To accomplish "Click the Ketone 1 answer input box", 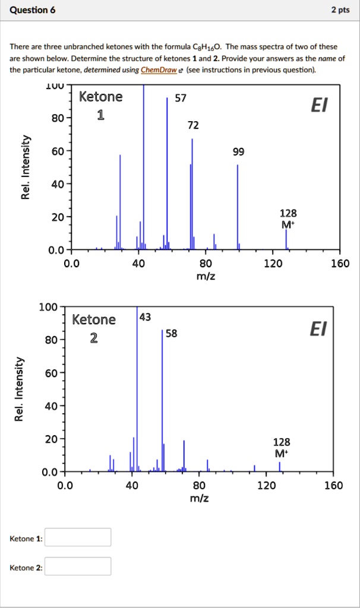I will [x=78, y=537].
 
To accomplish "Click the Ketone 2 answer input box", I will [x=78, y=566].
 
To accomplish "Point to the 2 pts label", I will [x=340, y=10].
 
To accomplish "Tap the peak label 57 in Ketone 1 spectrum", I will [x=179, y=99].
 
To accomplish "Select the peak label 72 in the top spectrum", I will [x=193, y=125].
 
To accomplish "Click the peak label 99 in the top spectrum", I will [x=238, y=152].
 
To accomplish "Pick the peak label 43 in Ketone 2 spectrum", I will [x=145, y=317].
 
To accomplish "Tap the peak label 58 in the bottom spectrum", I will [x=171, y=333].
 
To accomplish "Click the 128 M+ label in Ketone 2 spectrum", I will [x=282, y=448].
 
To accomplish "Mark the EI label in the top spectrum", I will [x=318, y=106].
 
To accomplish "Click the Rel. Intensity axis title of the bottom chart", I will [x=20, y=389].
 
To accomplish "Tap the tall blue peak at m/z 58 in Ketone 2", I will [x=163, y=404].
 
